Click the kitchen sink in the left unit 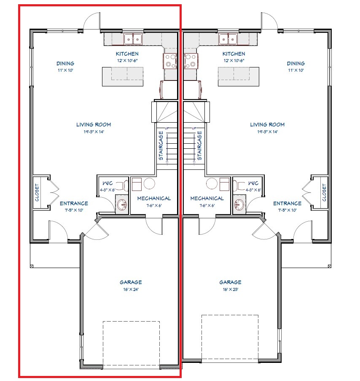(133, 39)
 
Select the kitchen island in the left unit (123, 77)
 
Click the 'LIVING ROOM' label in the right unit (267, 125)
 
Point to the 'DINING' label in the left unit (65, 63)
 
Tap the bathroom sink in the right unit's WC (239, 204)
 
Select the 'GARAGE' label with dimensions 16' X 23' (230, 282)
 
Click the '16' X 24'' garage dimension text (131, 290)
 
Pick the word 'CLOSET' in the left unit (37, 193)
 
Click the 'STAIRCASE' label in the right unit (199, 145)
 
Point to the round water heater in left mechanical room (149, 183)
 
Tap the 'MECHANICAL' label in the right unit (207, 199)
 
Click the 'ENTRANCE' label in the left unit (74, 204)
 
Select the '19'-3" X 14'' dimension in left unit (94, 131)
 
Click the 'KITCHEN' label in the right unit (234, 54)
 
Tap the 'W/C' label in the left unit (107, 183)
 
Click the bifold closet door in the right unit (307, 192)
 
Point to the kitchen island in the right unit (239, 77)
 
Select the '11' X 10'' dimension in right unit (296, 70)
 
